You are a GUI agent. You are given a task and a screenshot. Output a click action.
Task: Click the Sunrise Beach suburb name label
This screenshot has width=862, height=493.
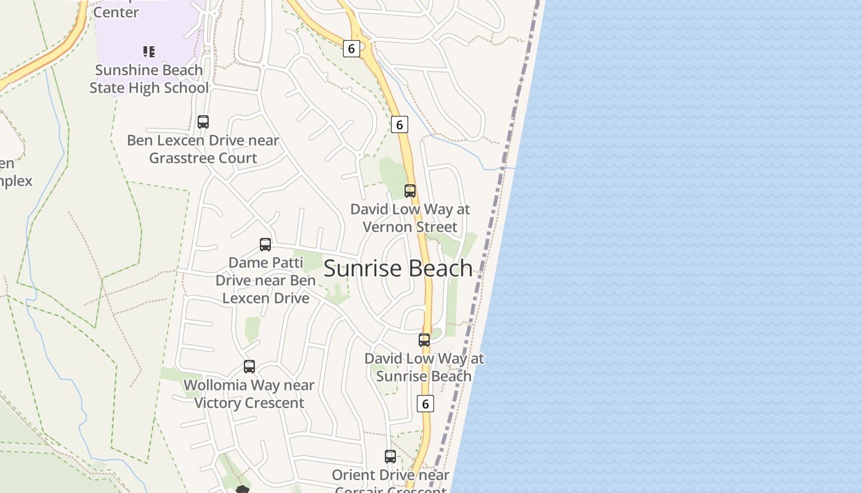tap(398, 269)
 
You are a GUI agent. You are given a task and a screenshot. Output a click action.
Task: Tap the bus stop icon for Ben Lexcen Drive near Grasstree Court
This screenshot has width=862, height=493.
tap(203, 122)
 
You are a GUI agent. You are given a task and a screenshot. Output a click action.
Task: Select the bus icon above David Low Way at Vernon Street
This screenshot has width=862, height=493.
tap(410, 191)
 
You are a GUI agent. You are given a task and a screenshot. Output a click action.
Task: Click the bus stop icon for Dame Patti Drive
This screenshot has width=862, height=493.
tap(265, 245)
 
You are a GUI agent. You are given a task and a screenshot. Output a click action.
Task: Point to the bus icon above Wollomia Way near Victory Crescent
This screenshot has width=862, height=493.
tap(249, 367)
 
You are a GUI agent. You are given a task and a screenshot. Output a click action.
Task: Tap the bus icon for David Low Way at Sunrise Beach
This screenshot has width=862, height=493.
tap(424, 340)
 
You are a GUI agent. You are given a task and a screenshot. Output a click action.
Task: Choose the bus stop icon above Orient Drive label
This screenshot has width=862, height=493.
tap(390, 457)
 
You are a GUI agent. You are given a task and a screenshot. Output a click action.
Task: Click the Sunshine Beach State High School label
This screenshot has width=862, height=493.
tap(149, 79)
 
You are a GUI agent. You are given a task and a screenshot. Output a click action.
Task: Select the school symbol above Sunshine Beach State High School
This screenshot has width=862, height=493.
tap(149, 52)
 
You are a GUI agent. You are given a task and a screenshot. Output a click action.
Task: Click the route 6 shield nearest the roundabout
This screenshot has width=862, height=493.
tap(351, 49)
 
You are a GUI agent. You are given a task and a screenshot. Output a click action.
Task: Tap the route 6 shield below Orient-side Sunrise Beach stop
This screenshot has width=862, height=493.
tap(425, 404)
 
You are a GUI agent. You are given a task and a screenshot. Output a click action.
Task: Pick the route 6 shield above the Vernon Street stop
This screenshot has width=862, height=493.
tap(400, 124)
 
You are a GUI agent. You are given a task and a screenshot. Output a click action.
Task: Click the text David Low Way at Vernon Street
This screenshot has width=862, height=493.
tap(410, 218)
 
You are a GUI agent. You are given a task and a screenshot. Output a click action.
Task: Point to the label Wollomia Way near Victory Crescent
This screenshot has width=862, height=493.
tap(249, 394)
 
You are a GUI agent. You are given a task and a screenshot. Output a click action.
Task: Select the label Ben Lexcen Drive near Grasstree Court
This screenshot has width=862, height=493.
tap(203, 149)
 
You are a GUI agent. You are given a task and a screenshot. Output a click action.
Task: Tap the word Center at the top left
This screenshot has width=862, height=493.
tap(116, 12)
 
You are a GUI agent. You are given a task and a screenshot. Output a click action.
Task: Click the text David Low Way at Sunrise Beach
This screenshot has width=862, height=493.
tap(424, 367)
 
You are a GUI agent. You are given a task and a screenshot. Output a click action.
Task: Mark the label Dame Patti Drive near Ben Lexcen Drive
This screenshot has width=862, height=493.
tap(265, 280)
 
